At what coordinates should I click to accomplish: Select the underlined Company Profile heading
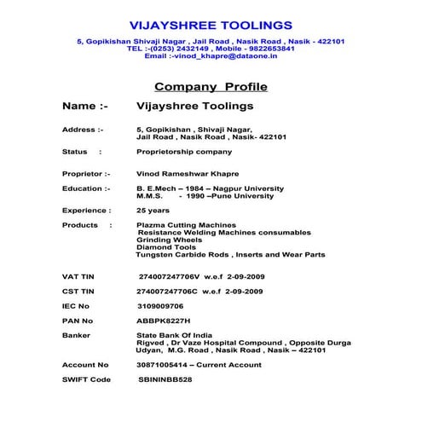(211, 87)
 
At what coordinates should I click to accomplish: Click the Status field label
(75, 152)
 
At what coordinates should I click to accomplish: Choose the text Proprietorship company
(183, 152)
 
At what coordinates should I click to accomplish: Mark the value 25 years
(153, 210)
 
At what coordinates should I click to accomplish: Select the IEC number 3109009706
(160, 305)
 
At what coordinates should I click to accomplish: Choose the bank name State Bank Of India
(174, 336)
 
